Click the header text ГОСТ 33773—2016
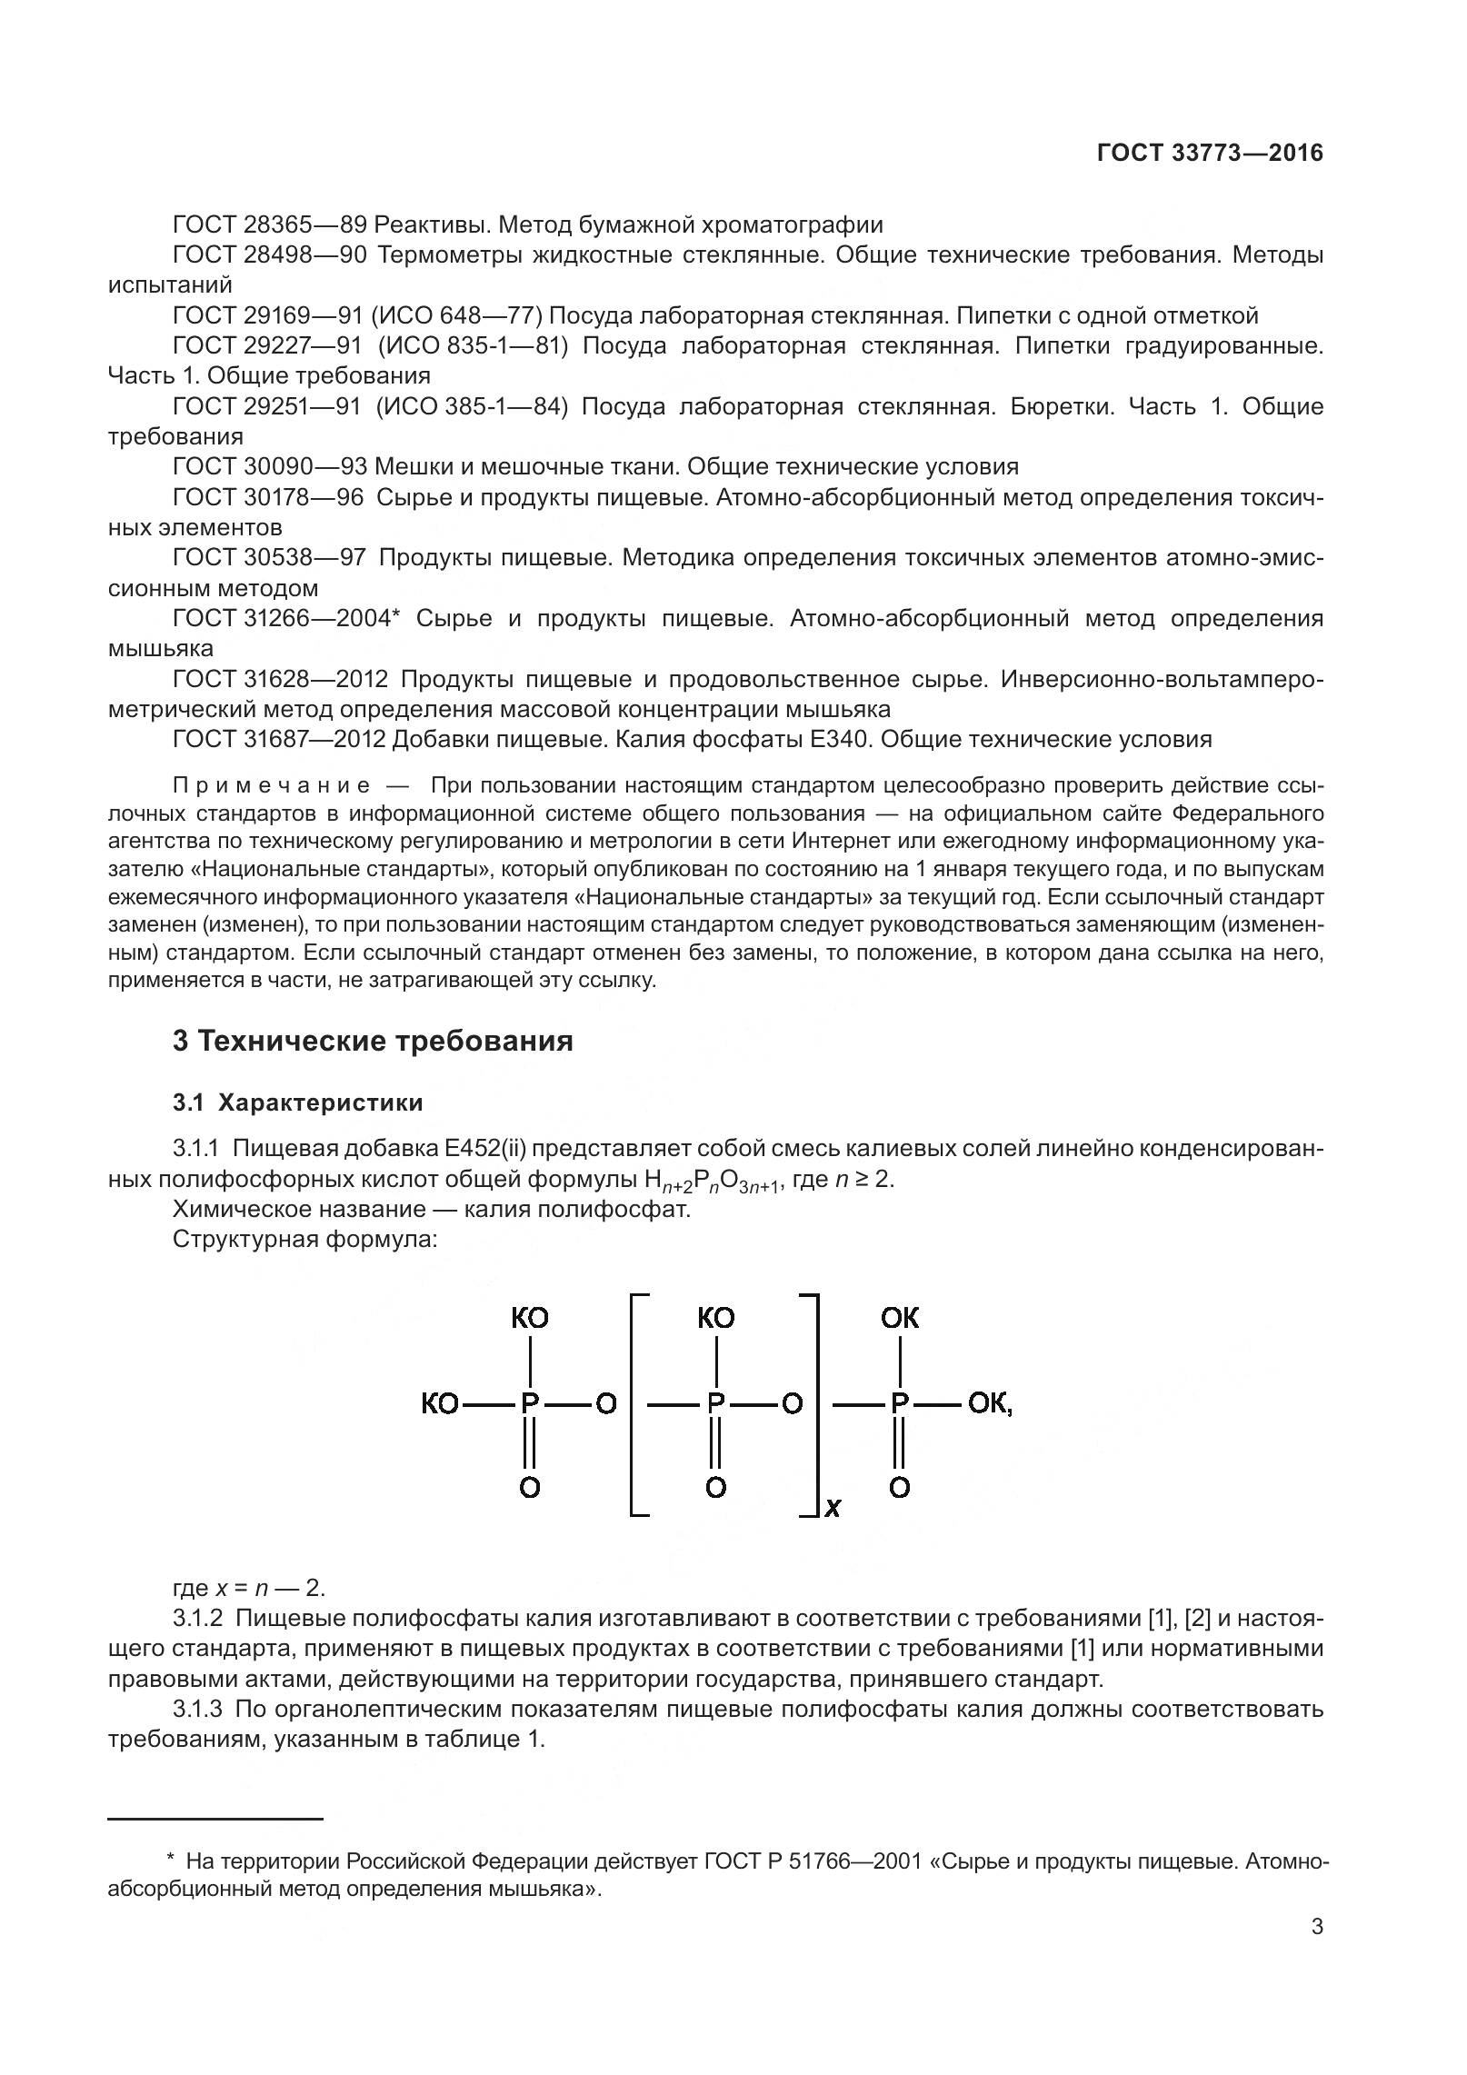coord(1210,153)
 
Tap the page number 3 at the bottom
coord(1317,1951)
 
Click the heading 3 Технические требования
coord(373,1041)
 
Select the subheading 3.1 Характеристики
coord(298,1102)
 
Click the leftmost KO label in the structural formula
coord(440,1404)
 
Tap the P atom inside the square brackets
coord(716,1404)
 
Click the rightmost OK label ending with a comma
coord(990,1404)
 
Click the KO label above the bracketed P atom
coord(716,1318)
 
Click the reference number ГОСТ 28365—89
coord(269,224)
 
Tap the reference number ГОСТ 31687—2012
coord(279,739)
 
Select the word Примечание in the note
coord(272,785)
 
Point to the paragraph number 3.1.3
coord(197,1709)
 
